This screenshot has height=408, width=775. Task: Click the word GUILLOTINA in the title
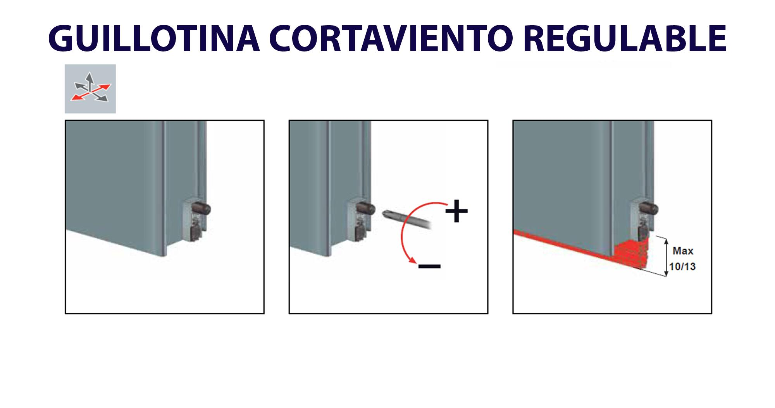(154, 39)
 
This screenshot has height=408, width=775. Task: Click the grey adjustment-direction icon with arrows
(90, 89)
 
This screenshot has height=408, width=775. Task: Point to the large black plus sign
(456, 211)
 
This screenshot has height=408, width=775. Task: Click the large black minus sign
(429, 266)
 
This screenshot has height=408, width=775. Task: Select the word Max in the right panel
(683, 251)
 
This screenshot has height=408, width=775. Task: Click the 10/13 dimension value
(683, 266)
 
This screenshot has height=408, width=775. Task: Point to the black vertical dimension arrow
(666, 257)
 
